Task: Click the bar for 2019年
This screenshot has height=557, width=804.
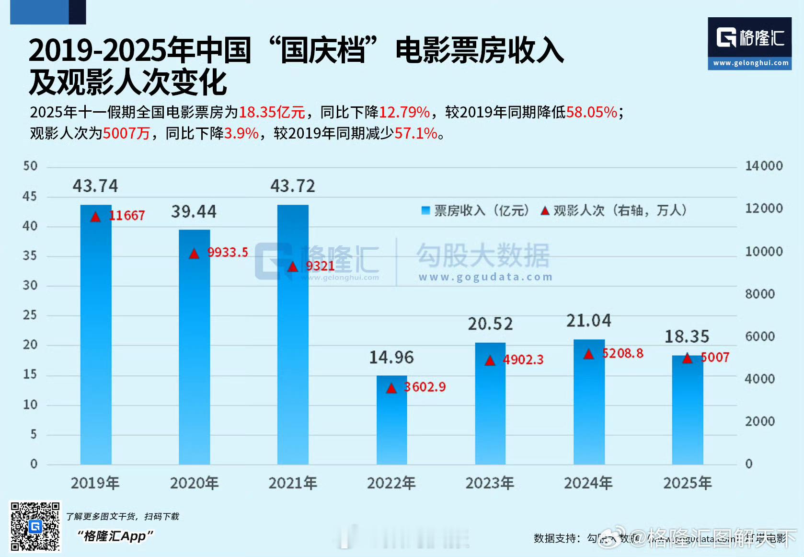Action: point(96,336)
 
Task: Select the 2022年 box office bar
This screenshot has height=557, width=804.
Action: point(391,422)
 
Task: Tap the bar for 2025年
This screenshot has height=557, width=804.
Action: point(687,412)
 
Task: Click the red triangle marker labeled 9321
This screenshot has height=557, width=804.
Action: point(293,267)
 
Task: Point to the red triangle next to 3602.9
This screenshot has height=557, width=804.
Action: point(391,388)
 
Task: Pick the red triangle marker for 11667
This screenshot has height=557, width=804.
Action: point(96,217)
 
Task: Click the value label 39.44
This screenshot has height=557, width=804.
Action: point(194,211)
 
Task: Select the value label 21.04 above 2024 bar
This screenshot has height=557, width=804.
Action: point(588,321)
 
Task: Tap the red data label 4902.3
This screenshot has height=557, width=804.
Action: point(523,360)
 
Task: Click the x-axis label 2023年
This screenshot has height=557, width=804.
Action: point(490,483)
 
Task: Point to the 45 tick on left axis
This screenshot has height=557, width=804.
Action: point(30,196)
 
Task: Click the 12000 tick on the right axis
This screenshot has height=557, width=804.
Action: point(764,209)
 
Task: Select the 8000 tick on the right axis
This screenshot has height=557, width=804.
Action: point(760,294)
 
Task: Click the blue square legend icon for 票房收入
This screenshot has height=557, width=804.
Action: point(425,210)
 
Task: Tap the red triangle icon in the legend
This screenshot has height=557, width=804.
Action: point(545,210)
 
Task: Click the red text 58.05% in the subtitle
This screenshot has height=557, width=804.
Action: point(592,112)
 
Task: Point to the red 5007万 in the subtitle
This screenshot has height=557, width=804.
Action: point(126,133)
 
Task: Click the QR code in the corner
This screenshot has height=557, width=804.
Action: point(35,526)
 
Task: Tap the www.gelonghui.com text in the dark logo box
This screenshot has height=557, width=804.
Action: point(750,63)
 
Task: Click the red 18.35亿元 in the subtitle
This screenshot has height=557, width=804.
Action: point(272,112)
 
